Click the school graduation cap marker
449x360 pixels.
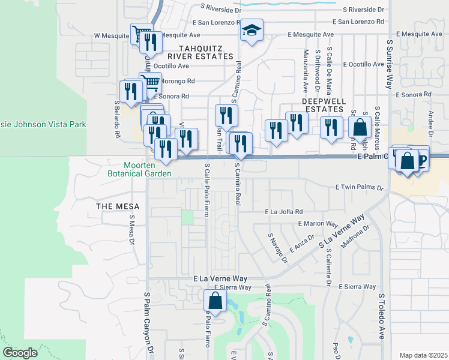[x=252, y=30]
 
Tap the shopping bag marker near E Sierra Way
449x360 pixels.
[x=216, y=302]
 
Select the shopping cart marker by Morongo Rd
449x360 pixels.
[x=151, y=82]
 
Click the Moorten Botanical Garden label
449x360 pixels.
[x=148, y=169]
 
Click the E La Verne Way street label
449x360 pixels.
[x=220, y=279]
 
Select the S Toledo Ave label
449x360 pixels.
[x=381, y=317]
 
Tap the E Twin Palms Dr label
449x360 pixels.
[x=359, y=188]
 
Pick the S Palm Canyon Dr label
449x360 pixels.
[x=147, y=324]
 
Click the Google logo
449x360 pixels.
[x=20, y=353]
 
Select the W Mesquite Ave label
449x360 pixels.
[x=112, y=35]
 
